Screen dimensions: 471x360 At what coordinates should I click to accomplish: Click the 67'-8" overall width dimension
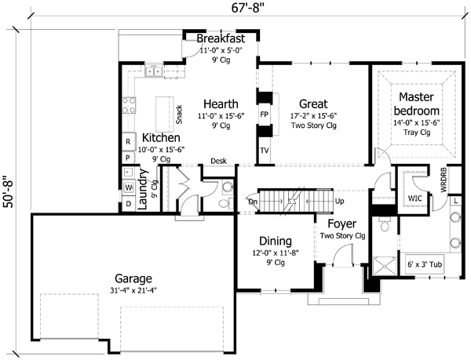[249, 7]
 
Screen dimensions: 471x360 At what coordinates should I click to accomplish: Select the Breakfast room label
[221, 38]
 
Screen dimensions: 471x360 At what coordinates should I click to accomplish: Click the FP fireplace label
[265, 115]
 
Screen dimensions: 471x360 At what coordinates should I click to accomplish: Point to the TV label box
[265, 151]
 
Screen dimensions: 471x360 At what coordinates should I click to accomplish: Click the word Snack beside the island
[179, 115]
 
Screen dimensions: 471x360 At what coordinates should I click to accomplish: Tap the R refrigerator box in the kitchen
[128, 142]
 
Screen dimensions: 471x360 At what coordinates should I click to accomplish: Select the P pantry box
[128, 158]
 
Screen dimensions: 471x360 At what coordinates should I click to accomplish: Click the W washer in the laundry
[129, 187]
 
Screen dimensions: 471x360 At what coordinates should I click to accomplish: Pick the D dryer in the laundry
[129, 204]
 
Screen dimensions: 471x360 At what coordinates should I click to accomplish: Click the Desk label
[219, 161]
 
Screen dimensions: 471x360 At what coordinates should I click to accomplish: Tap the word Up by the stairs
[339, 201]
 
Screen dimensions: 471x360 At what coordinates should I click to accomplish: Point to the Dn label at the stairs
[253, 202]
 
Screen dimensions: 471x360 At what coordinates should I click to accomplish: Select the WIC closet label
[414, 198]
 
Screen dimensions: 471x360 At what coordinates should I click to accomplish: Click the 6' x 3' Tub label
[425, 264]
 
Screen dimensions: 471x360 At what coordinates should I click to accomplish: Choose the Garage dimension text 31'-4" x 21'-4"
[133, 290]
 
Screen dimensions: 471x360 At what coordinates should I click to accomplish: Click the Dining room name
[276, 242]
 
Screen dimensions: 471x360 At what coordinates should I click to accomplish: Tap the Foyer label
[341, 224]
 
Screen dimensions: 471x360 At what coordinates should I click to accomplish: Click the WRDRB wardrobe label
[444, 180]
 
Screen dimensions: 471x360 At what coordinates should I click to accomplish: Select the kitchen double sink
[154, 71]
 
